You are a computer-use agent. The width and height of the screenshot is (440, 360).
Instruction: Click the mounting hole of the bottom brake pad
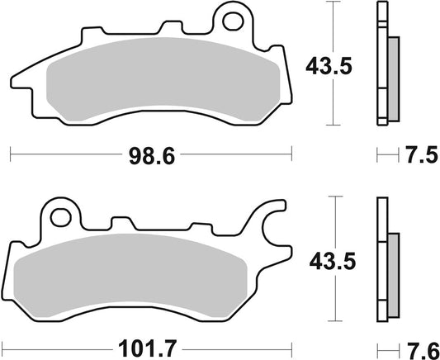tap(59, 217)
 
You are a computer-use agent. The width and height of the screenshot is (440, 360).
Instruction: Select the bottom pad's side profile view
tap(383, 260)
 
